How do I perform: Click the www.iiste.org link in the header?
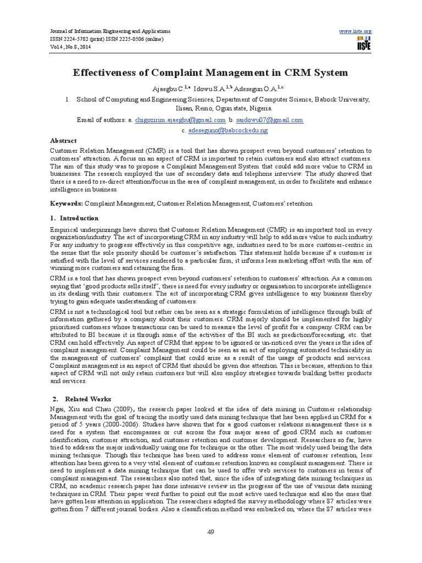tap(356, 31)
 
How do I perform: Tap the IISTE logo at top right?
tap(363, 45)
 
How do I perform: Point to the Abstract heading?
tap(63, 141)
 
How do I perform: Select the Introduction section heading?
tap(79, 218)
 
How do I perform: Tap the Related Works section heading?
tap(88, 399)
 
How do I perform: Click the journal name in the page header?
tap(110, 32)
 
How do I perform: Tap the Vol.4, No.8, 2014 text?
tap(69, 47)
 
